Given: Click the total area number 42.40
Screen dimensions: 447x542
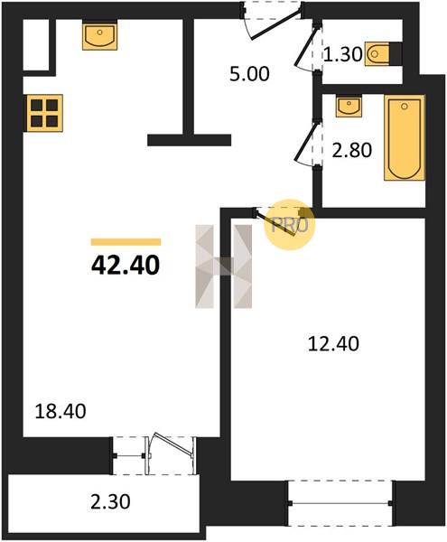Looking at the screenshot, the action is tap(126, 266).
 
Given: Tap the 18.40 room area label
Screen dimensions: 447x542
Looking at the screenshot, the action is tap(61, 411).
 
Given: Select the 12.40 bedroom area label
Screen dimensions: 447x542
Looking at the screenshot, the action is tap(333, 344).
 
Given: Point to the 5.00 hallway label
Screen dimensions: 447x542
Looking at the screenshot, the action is tap(249, 74).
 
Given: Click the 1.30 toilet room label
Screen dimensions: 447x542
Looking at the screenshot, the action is tap(342, 54).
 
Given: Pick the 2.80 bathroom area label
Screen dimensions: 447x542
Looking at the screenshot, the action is tap(352, 150).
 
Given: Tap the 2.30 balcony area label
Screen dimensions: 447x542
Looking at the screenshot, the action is tap(110, 501).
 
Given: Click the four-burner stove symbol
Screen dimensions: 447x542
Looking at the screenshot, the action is tap(44, 113).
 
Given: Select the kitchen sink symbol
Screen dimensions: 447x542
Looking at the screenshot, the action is tap(100, 35).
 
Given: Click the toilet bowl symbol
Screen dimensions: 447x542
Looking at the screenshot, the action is tap(377, 54).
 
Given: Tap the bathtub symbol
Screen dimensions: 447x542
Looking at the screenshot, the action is tap(405, 137).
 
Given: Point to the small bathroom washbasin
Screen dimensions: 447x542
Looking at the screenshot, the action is tap(349, 106).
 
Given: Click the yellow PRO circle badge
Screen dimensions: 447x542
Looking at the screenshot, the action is tap(290, 225).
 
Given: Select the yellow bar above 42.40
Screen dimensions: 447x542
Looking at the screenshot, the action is tap(126, 242).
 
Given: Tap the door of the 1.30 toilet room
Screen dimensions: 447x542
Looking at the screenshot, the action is tap(305, 47).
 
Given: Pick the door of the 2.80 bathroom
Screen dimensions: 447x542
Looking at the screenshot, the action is tap(306, 142).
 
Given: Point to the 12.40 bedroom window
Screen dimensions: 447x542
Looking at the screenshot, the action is tap(340, 503).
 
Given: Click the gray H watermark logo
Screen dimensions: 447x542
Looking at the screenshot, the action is tap(224, 266).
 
